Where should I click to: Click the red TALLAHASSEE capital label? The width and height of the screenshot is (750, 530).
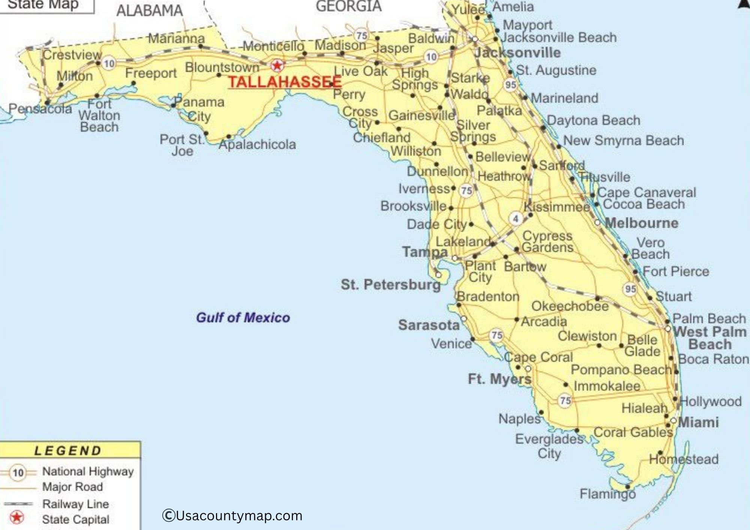pos(285,82)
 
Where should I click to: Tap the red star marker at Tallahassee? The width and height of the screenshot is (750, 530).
pos(277,66)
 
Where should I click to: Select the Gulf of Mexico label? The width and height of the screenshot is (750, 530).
pos(243,318)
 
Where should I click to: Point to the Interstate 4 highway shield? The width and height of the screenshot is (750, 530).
pos(516,219)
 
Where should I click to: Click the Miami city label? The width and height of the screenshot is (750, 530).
pos(698,422)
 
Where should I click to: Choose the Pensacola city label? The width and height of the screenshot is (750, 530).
pos(40,109)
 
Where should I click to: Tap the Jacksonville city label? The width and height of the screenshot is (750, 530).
pos(517,53)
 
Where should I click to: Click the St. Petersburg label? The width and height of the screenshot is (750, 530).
pos(390,284)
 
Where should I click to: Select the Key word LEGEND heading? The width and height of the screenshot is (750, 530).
pos(68,451)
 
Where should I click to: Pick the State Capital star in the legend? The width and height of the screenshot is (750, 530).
pos(16,518)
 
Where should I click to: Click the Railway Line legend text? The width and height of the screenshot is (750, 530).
pos(75,504)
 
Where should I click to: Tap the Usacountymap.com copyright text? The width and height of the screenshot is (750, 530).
pos(232,516)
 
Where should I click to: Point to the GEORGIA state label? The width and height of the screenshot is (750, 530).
pos(348,6)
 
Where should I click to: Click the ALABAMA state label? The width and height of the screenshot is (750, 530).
pos(149,10)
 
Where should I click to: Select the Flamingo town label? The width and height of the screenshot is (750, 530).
pos(607,494)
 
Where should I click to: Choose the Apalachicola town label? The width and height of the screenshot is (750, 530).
pos(257,144)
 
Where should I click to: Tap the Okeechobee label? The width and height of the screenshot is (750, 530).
pos(570,306)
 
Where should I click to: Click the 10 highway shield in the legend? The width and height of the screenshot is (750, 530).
pos(18,473)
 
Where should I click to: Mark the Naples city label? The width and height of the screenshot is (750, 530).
pos(519,419)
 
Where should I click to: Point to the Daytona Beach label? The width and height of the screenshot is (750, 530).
pos(593,120)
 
